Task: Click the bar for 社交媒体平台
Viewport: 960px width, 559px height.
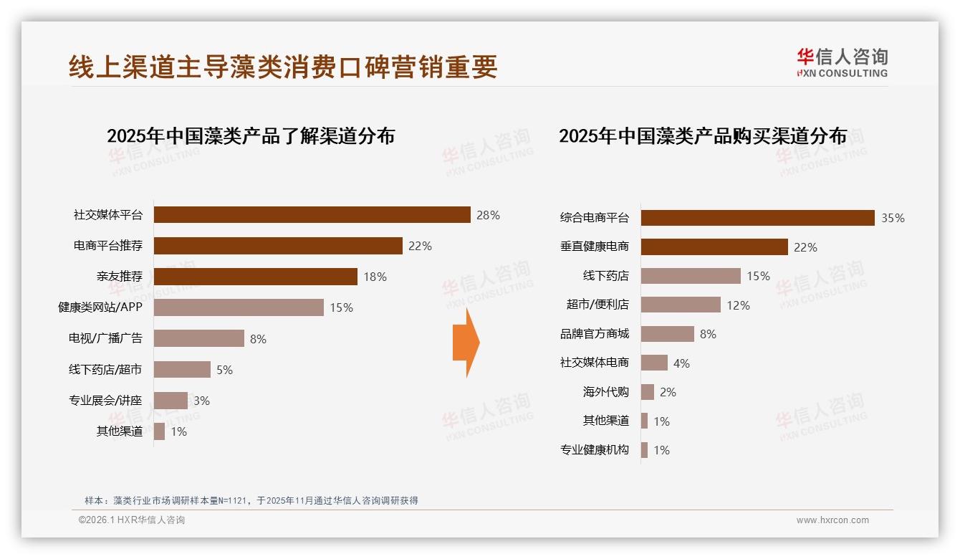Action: point(312,215)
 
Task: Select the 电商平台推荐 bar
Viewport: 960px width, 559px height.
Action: point(278,246)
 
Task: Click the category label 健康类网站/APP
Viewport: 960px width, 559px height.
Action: point(100,307)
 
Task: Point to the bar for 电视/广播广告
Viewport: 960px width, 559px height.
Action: point(199,338)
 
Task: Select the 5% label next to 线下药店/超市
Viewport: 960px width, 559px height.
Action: point(224,370)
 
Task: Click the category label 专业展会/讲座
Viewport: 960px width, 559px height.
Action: point(105,401)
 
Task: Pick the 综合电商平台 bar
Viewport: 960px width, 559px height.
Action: point(757,218)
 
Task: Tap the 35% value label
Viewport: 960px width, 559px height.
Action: point(893,219)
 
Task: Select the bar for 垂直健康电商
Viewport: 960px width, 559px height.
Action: point(714,247)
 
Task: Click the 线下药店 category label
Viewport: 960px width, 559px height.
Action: point(605,276)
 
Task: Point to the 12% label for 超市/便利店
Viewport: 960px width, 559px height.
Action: point(738,305)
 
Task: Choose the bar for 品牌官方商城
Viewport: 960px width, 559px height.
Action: point(667,334)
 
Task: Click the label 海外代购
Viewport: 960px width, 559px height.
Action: point(605,392)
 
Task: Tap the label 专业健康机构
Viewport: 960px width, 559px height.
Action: point(594,450)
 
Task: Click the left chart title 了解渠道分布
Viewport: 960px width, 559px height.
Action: point(251,136)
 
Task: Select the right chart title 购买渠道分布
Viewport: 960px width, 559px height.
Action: point(703,136)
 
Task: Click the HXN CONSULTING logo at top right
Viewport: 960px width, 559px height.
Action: point(842,62)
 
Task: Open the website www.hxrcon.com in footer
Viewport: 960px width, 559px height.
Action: point(832,520)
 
